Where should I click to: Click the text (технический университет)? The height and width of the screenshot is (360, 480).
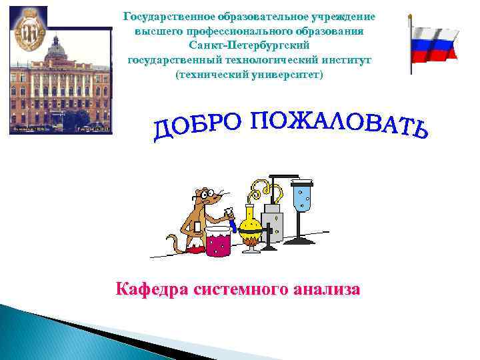coord(249,75)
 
